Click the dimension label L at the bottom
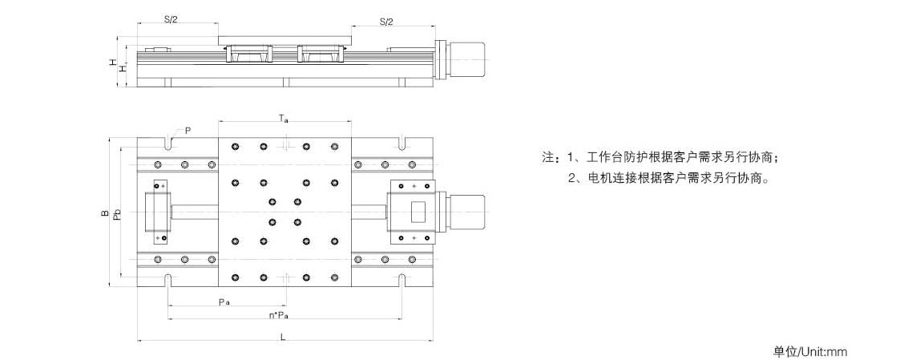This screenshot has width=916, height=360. click(283, 337)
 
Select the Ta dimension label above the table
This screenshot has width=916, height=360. click(284, 119)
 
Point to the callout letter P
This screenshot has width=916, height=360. click(188, 130)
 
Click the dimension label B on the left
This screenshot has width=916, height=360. click(105, 213)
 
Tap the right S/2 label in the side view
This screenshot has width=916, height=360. click(386, 21)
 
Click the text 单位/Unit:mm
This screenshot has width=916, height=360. click(809, 351)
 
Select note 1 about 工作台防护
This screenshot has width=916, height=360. click(673, 156)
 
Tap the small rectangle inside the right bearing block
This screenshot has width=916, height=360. click(420, 212)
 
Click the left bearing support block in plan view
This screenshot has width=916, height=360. click(157, 212)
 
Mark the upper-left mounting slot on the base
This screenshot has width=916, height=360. click(168, 144)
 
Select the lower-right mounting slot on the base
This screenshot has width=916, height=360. click(403, 280)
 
